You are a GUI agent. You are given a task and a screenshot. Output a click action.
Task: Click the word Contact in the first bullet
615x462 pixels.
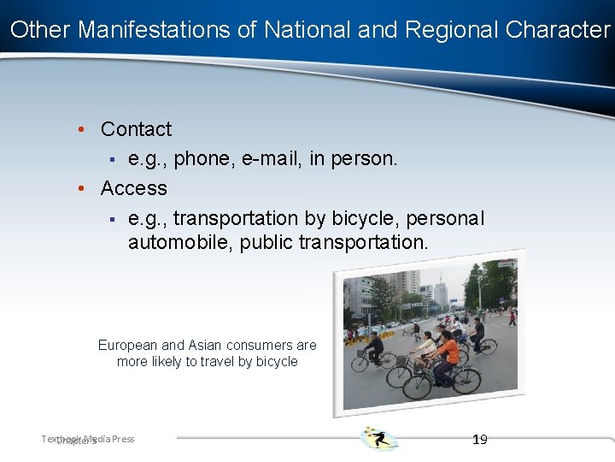[136, 129]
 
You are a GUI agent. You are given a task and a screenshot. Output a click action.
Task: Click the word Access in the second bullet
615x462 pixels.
[133, 187]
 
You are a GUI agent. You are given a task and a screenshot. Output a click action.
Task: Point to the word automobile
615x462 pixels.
[179, 243]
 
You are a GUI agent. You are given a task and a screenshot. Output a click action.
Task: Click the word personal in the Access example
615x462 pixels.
[445, 219]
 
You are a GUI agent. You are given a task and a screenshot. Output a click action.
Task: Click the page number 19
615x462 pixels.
[479, 439]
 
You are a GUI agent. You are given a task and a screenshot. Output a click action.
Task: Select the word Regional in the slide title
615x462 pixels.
[452, 30]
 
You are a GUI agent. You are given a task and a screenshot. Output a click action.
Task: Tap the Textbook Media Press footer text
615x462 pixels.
[88, 439]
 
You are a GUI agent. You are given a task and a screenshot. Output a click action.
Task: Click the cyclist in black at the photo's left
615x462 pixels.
[375, 346]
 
